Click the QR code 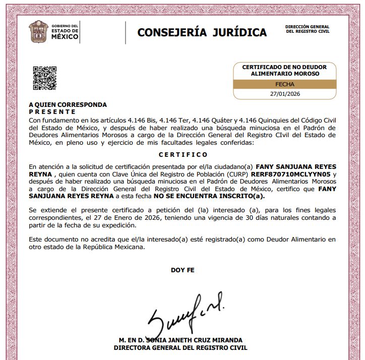(45, 78)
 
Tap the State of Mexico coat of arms (38, 32)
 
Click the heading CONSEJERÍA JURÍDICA (202, 33)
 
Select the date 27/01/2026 (285, 94)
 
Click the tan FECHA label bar (285, 84)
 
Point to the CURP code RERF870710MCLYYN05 (290, 174)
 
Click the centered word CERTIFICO (182, 155)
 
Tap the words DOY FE (182, 270)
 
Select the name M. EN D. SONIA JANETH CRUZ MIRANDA (180, 340)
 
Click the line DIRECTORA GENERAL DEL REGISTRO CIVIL (180, 347)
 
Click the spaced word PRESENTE (52, 111)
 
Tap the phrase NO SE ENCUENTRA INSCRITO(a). (209, 196)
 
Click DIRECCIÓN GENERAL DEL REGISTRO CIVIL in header (307, 29)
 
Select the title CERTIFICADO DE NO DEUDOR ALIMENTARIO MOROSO (284, 70)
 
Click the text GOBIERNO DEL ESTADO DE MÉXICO (66, 31)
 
